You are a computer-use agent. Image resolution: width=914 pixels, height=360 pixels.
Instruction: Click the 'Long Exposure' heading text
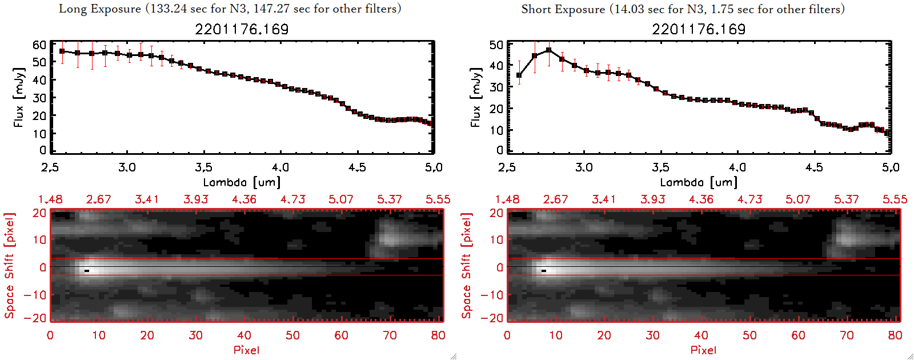click(x=100, y=9)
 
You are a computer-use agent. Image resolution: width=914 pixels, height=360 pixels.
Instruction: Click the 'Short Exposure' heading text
click(x=563, y=9)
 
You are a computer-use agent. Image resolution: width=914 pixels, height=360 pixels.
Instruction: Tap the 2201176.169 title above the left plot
click(x=242, y=29)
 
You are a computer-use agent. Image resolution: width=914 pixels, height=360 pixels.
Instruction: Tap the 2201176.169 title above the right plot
click(x=699, y=29)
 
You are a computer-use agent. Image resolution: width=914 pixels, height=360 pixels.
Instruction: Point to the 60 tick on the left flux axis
click(x=39, y=45)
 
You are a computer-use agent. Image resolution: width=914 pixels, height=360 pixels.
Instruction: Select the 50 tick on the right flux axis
click(x=496, y=45)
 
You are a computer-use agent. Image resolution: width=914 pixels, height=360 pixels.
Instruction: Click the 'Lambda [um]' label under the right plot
click(x=699, y=182)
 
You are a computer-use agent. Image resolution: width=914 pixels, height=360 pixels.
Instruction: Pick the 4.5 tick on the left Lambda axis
click(x=357, y=167)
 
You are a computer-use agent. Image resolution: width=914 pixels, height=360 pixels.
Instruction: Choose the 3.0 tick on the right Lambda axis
click(x=584, y=167)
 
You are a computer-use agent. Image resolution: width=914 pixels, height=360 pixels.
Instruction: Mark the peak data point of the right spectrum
click(x=549, y=50)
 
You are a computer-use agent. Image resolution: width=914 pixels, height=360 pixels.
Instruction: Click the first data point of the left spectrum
click(x=62, y=51)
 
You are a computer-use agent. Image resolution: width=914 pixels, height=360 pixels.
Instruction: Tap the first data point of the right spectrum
click(x=519, y=75)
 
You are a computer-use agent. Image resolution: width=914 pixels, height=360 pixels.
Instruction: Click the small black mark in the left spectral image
click(x=87, y=270)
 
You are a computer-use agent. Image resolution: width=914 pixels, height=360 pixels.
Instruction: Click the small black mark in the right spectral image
click(x=544, y=270)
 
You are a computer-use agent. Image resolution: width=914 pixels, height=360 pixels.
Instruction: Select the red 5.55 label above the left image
click(x=438, y=199)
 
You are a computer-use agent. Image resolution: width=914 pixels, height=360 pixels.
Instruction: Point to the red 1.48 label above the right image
click(x=507, y=199)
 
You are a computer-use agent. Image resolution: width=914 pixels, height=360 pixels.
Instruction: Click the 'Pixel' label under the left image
click(x=246, y=350)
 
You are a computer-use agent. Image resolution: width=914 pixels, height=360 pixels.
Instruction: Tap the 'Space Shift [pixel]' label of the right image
click(x=467, y=266)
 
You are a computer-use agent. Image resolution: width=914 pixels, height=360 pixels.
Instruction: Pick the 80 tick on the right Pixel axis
click(x=895, y=335)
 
